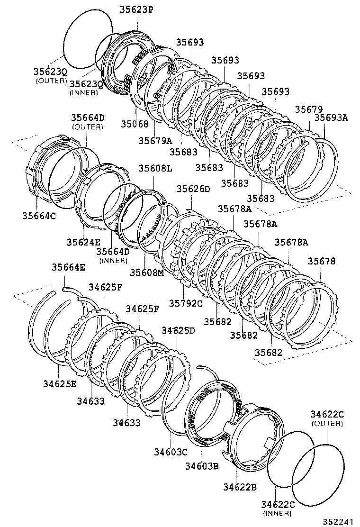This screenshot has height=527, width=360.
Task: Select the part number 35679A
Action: click(155, 140)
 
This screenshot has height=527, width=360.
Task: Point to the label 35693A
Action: click(331, 118)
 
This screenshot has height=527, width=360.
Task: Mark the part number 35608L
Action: click(155, 168)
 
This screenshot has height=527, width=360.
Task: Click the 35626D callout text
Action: click(193, 189)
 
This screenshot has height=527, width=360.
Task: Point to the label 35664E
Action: click(68, 267)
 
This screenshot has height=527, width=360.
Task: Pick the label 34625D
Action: click(179, 330)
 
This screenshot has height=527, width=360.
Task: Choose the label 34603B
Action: click(202, 466)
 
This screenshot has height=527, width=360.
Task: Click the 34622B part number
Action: click(241, 487)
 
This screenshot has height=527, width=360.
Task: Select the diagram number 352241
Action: click(338, 521)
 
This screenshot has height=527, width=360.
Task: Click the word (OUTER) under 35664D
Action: click(88, 127)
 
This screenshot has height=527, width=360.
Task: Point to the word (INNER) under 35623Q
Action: click(83, 93)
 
